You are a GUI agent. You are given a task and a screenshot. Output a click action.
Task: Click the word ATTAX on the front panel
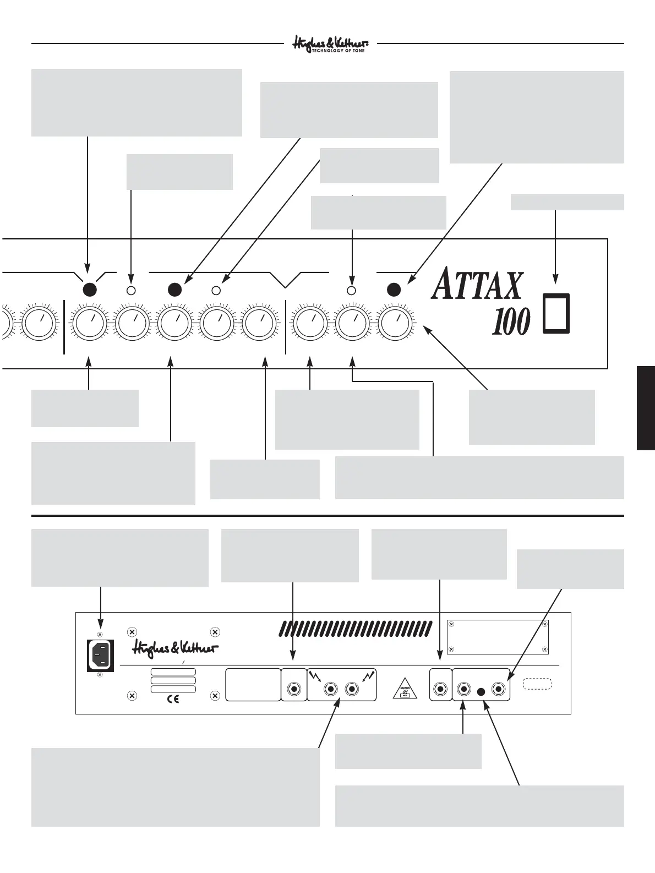tap(477, 285)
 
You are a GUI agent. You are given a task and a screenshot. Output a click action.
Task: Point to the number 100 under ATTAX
tap(510, 322)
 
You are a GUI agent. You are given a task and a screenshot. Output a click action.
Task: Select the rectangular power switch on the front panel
tap(556, 313)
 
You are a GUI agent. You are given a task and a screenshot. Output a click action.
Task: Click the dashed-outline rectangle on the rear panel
tap(537, 684)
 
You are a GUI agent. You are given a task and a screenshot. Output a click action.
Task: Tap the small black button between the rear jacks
tap(482, 691)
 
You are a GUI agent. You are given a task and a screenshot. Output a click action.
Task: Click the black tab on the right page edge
tap(646, 408)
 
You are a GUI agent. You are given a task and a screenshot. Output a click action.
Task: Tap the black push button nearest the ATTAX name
tap(393, 290)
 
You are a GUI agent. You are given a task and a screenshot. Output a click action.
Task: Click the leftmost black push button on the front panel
tap(89, 290)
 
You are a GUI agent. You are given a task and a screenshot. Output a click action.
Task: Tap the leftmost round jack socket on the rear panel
tap(294, 689)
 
